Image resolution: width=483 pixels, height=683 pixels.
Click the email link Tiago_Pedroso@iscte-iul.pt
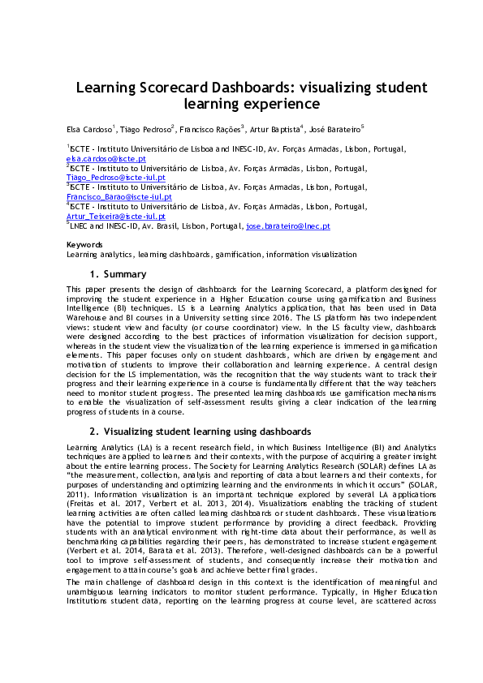coord(115,177)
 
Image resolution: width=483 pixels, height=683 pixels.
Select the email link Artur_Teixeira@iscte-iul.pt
coord(115,217)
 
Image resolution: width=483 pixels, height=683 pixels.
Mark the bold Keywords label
coord(84,245)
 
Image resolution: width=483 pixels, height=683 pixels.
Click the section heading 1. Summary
coord(118,274)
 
